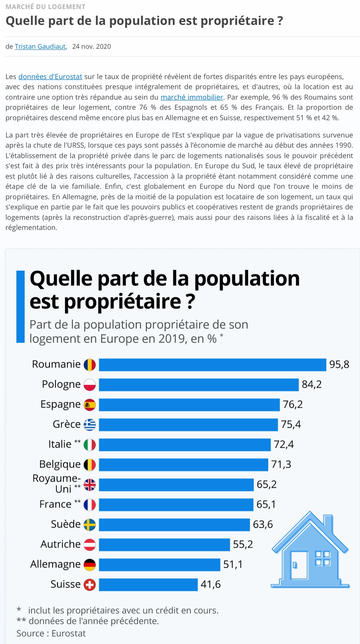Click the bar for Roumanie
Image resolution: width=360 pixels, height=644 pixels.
coord(212,365)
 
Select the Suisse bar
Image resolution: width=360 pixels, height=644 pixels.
coord(148,584)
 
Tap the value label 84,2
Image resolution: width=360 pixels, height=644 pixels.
coord(312,384)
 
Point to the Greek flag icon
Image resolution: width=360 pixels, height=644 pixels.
coord(90,425)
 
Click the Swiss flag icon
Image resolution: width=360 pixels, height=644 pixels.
coord(90,584)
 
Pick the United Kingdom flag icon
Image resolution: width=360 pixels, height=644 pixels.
coord(90,484)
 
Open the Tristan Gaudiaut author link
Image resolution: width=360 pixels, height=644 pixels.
coord(40,47)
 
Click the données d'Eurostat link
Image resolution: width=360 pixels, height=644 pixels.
coord(50,77)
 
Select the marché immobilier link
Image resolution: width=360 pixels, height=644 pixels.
coord(192,97)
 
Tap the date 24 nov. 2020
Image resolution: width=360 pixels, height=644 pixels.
coord(91,47)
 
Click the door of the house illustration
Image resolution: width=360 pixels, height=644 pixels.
coord(299,565)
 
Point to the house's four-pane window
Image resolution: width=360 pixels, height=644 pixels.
coord(322,558)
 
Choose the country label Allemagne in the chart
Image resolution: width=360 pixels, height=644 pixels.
coord(55,564)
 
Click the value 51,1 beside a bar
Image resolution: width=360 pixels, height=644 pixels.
coord(233,564)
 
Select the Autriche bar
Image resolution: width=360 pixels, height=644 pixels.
coord(164,544)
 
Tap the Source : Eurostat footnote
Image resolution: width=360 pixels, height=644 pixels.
coord(51,634)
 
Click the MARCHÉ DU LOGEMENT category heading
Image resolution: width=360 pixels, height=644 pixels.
coord(45,7)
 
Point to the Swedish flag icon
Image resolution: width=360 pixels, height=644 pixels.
coord(90,525)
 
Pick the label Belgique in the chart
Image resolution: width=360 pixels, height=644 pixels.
coord(60,465)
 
